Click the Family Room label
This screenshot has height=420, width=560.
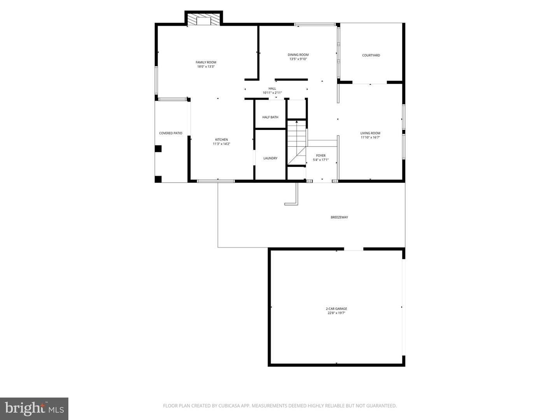[206, 62]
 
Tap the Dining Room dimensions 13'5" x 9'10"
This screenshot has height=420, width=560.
[298, 59]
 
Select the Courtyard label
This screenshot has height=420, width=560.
[371, 55]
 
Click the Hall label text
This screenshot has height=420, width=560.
[272, 88]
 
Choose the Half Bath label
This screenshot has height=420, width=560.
[270, 117]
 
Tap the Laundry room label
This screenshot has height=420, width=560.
[270, 158]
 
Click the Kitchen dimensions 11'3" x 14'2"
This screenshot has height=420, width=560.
[222, 144]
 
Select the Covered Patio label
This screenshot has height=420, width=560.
[171, 133]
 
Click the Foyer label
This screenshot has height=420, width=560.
[321, 156]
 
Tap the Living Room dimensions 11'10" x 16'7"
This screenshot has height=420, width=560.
[370, 137]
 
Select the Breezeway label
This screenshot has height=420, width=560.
[339, 217]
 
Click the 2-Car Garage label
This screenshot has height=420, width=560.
[336, 309]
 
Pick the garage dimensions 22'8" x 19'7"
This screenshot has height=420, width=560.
[336, 313]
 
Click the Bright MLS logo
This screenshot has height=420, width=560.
[34, 408]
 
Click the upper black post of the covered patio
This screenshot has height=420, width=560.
[158, 149]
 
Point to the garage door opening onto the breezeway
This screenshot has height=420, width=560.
[353, 249]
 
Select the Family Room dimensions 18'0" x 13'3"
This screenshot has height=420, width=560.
[206, 66]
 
